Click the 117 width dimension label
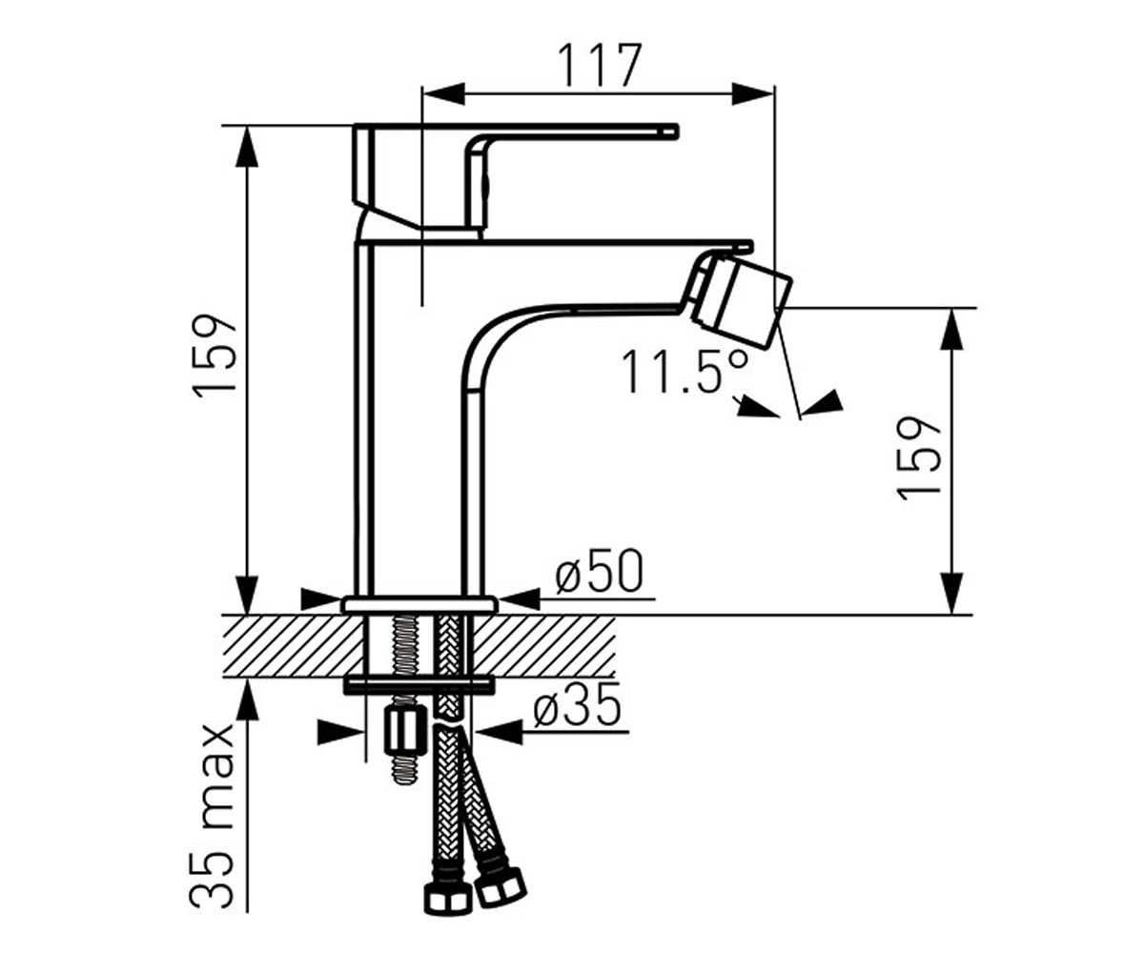click(599, 65)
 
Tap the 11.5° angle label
click(685, 372)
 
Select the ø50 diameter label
click(599, 570)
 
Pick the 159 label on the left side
click(214, 353)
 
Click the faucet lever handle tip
click(676, 130)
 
